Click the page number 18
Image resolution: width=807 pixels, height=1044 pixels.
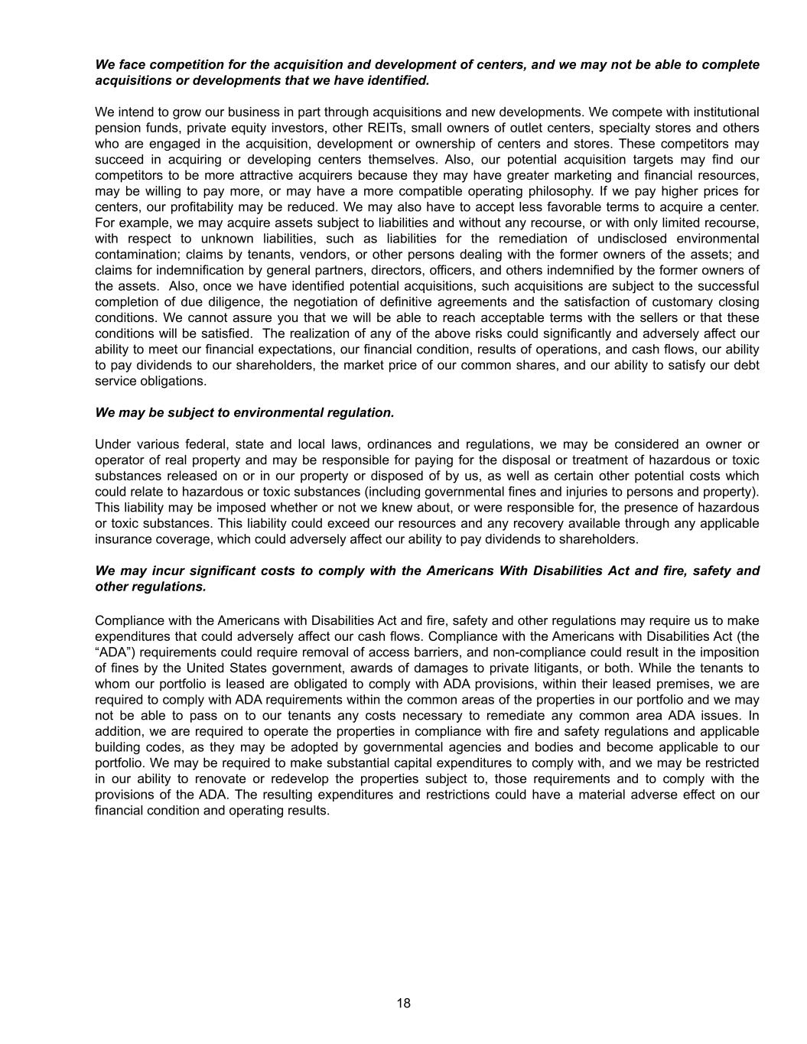(x=404, y=1003)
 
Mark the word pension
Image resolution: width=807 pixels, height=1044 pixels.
(x=117, y=128)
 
